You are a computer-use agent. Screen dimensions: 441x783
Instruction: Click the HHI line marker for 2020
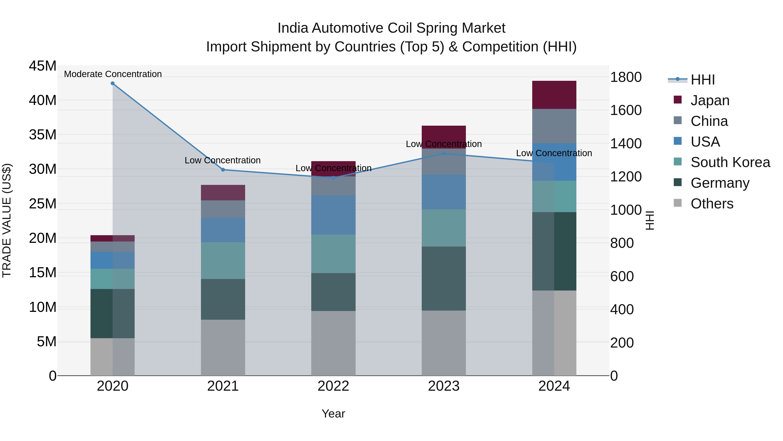tap(112, 83)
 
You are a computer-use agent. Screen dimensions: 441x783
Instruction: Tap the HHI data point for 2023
tap(443, 154)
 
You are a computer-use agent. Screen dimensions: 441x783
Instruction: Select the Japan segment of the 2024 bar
tap(554, 95)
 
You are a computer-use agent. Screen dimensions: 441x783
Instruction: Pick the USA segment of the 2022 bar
tap(333, 215)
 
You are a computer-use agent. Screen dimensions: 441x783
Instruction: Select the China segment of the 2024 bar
tap(554, 126)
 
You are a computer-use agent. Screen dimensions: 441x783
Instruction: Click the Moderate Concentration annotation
tap(113, 74)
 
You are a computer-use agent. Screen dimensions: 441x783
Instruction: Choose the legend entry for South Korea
tap(730, 162)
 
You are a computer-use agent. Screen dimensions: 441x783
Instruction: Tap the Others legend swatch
tap(678, 203)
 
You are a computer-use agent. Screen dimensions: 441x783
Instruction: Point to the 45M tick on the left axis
tap(43, 66)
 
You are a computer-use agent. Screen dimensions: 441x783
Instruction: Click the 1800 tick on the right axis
tap(626, 77)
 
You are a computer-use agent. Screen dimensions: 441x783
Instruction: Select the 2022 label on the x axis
tap(333, 386)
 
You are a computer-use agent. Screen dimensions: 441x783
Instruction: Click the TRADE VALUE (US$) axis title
tap(7, 220)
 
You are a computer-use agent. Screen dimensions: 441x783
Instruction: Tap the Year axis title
tap(333, 414)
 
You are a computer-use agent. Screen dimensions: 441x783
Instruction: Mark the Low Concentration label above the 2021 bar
tap(223, 160)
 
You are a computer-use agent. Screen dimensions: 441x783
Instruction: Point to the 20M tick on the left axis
tap(43, 238)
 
